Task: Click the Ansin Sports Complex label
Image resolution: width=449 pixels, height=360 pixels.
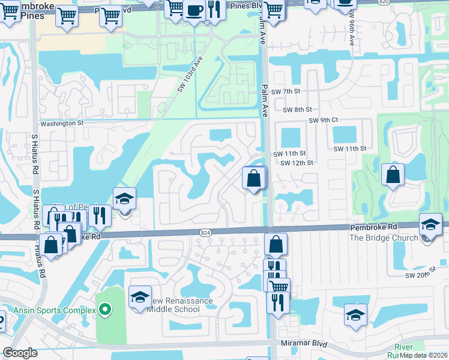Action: [56, 310]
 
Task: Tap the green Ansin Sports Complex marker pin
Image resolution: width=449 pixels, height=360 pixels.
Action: [105, 310]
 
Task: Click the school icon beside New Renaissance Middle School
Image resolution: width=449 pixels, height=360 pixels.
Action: [140, 297]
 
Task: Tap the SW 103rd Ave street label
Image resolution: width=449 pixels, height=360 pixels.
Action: [190, 74]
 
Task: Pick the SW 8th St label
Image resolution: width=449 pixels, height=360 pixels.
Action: [299, 110]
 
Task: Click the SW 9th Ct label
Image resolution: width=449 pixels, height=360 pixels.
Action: [324, 121]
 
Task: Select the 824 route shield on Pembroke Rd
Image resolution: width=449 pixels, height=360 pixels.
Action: [206, 232]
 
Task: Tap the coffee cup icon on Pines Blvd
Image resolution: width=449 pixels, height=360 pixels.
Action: [193, 11]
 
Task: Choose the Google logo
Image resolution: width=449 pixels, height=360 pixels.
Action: [20, 353]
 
